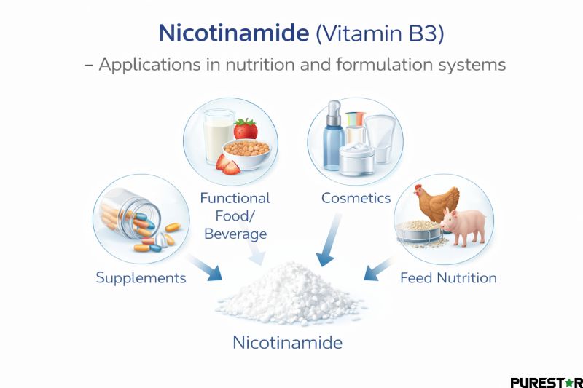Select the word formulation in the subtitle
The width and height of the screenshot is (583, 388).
pos(380,64)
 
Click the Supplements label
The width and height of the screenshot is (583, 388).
pos(141,277)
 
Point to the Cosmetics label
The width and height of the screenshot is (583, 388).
pos(356,198)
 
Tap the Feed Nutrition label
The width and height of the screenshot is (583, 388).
pos(448,277)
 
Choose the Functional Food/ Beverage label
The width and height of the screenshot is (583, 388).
pos(235,215)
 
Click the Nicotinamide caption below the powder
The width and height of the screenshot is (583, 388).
pos(287,341)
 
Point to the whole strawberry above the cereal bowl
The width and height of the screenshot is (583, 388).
pos(246,129)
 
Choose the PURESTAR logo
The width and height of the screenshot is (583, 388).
pos(546,381)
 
